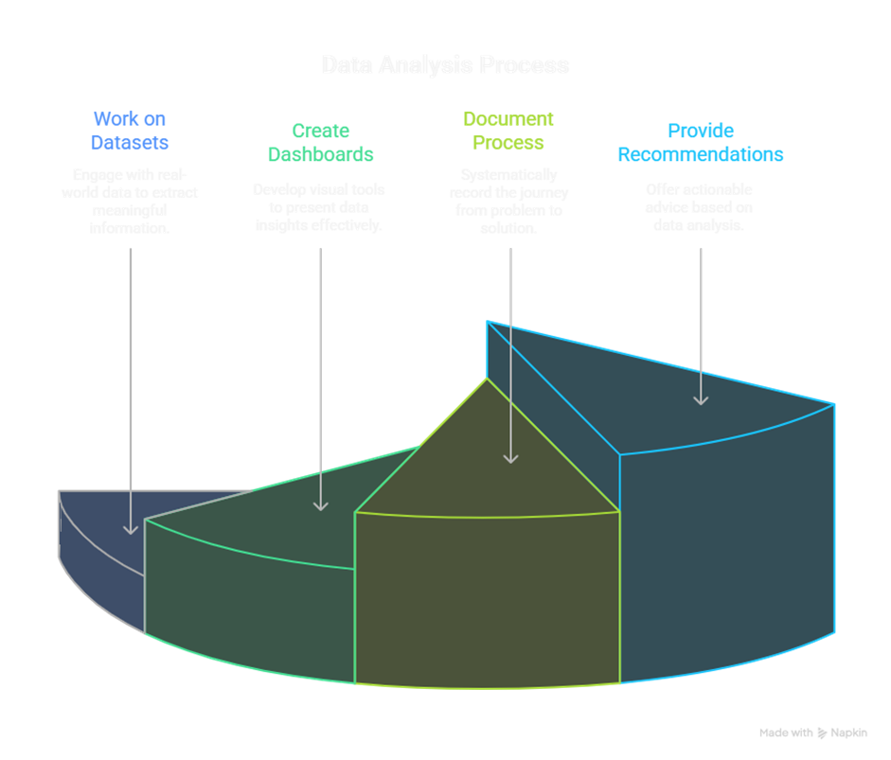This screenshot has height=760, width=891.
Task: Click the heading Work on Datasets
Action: click(x=130, y=131)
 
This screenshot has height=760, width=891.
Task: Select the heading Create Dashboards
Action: click(x=320, y=142)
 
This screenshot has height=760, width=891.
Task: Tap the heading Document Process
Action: click(x=508, y=131)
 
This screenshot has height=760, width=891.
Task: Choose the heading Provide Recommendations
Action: click(x=701, y=142)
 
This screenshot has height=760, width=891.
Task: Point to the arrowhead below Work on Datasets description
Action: click(x=131, y=528)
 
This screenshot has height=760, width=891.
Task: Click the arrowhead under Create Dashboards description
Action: click(x=321, y=505)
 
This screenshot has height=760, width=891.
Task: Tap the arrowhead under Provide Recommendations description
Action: click(x=701, y=399)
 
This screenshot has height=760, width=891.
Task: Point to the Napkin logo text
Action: click(x=848, y=733)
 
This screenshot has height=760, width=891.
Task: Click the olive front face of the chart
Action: click(x=487, y=596)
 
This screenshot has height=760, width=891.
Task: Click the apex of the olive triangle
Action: click(x=488, y=380)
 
